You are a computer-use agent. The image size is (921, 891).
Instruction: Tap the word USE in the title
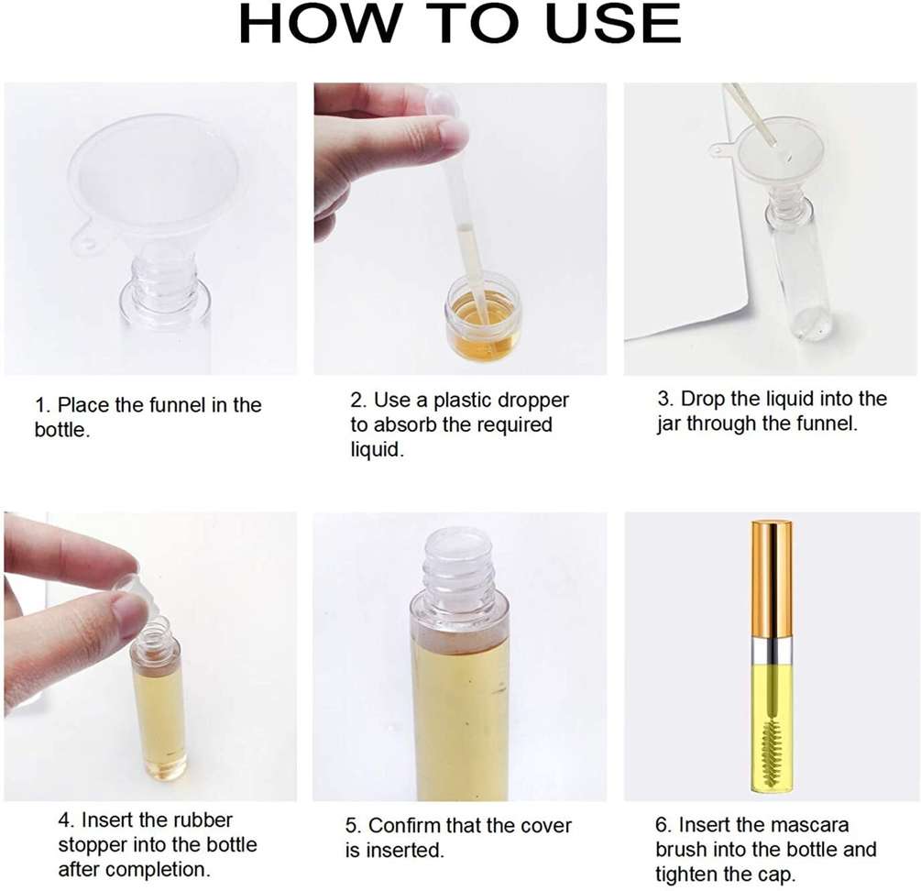tap(613, 24)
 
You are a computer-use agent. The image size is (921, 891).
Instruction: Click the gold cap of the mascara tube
tap(772, 579)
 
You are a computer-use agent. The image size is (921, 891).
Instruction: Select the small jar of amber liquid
tap(483, 319)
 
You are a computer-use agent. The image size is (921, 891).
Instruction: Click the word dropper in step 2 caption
tap(532, 401)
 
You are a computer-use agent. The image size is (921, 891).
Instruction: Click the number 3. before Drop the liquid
tap(665, 399)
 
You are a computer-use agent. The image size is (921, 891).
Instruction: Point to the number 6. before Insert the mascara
tap(663, 825)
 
